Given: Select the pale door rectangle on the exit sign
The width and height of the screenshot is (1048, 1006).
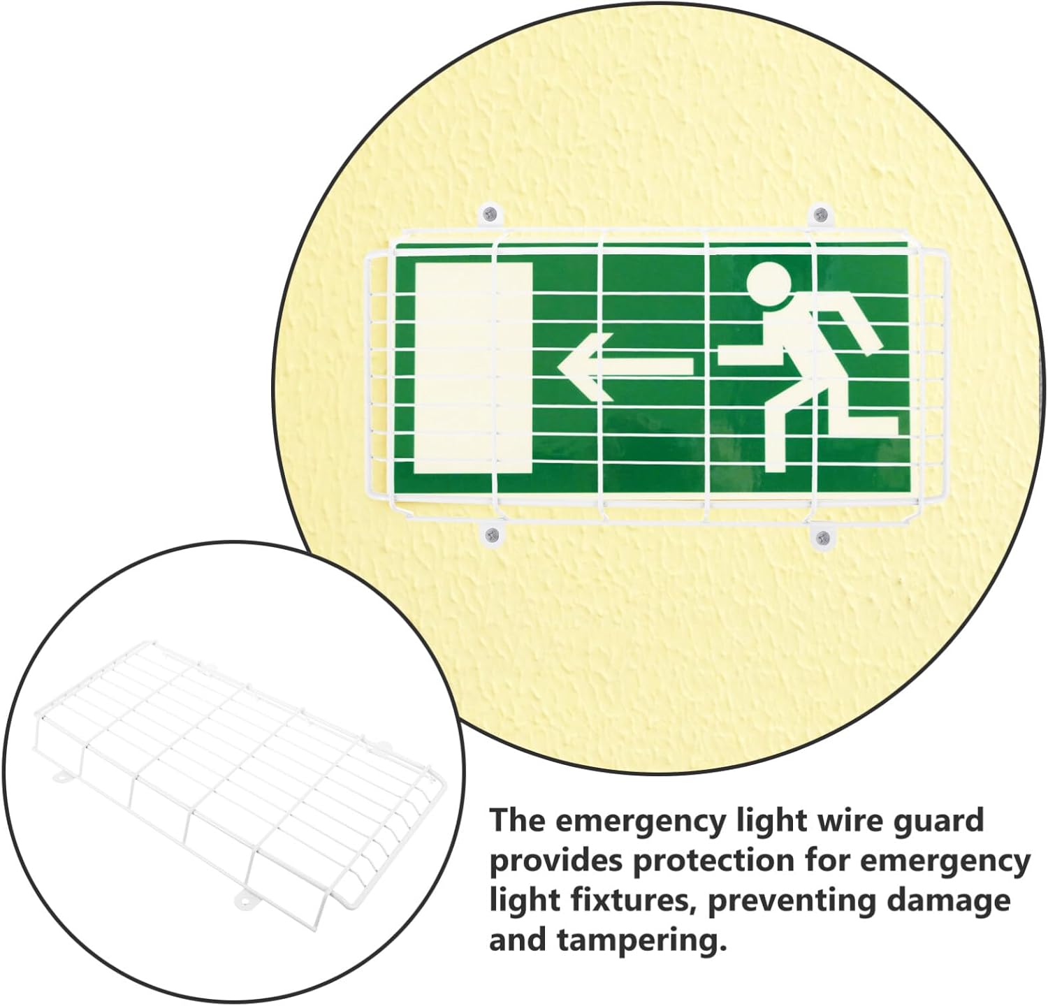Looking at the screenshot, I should tap(473, 368).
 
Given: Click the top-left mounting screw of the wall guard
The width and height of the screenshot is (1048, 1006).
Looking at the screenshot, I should tap(490, 213).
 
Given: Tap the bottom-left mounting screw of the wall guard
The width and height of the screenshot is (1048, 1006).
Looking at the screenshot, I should tap(490, 537).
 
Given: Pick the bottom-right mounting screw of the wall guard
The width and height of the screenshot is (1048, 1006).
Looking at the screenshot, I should tap(823, 537).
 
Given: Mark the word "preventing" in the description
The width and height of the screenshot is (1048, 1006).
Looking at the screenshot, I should tap(791, 901).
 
